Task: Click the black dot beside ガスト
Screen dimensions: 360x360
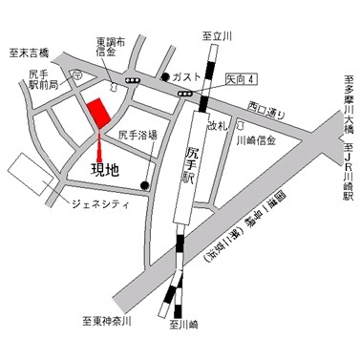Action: (166, 75)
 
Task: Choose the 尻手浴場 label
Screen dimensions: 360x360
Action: (138, 137)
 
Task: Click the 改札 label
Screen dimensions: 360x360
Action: (218, 125)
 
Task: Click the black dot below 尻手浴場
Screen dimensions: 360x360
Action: (145, 184)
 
